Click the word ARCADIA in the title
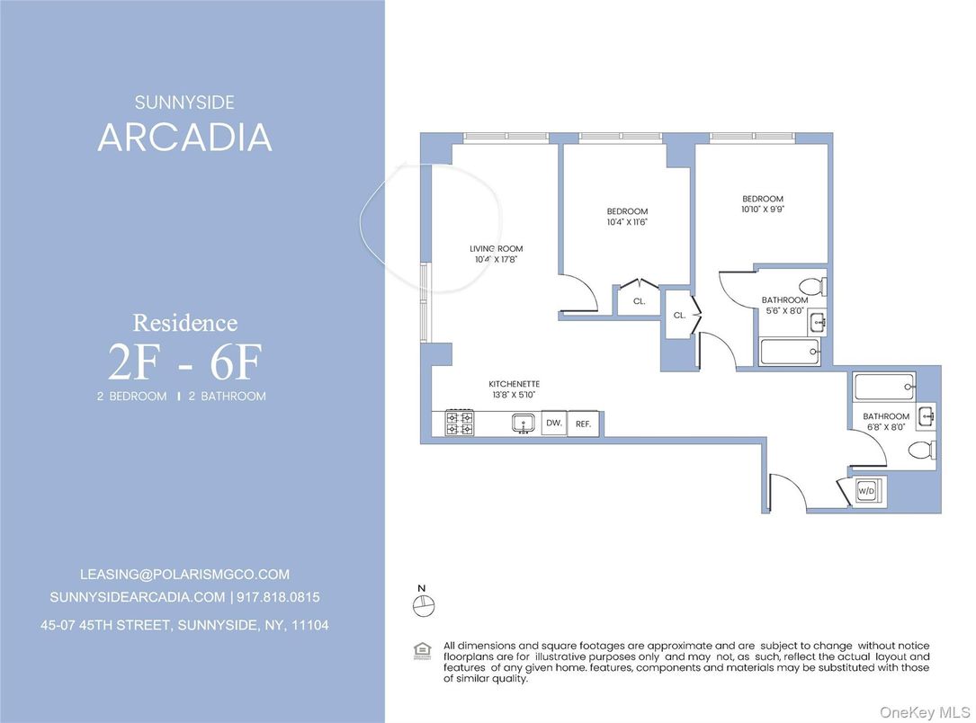(x=184, y=138)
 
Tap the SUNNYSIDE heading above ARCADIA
(x=184, y=103)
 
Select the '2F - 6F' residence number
(x=184, y=361)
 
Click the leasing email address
(x=184, y=574)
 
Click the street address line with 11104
(x=184, y=624)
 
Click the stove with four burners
(x=460, y=423)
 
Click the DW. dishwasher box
(x=553, y=423)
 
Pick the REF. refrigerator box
(x=583, y=423)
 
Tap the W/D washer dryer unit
(x=867, y=491)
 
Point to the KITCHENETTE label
(x=514, y=384)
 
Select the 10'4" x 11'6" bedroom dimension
(x=627, y=221)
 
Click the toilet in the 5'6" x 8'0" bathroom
(x=810, y=286)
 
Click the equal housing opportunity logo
(x=420, y=649)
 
